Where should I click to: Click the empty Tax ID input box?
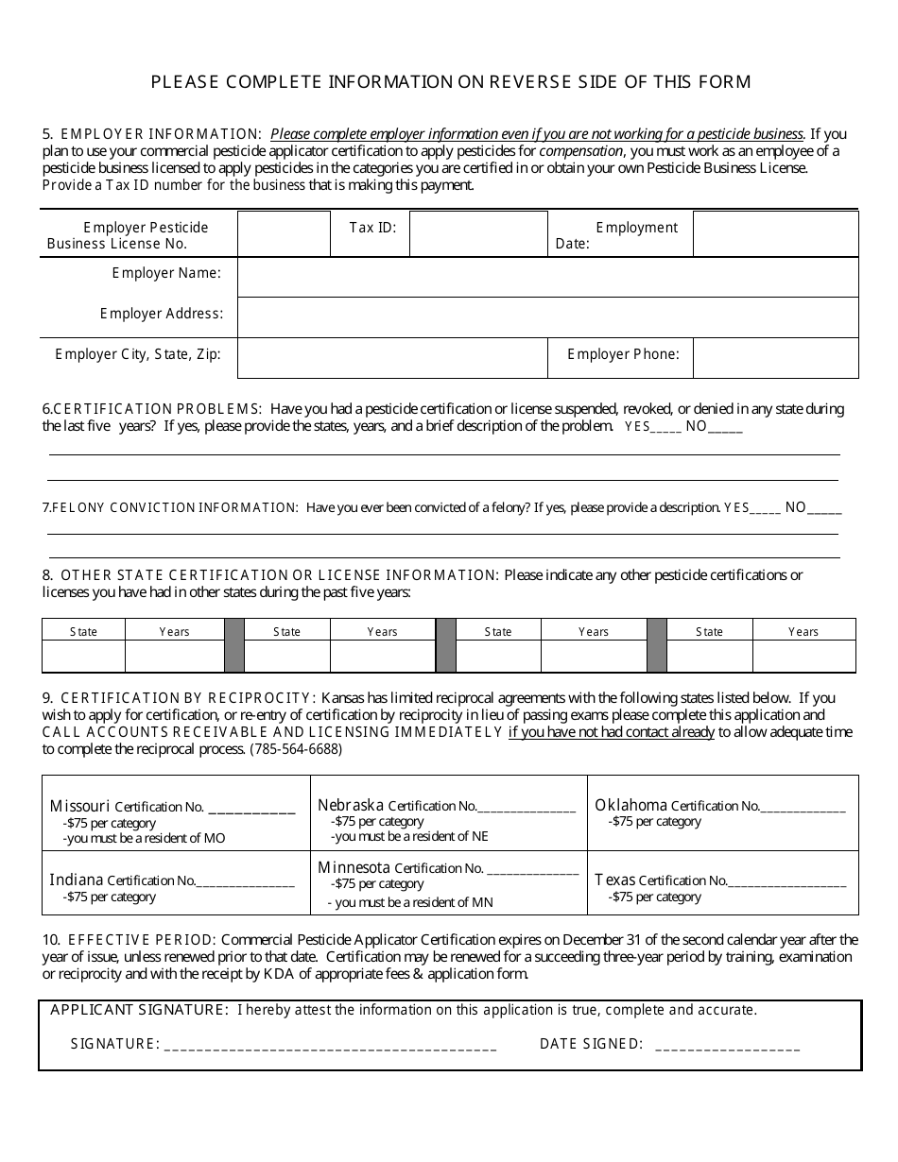pyautogui.click(x=478, y=233)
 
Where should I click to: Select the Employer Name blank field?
pyautogui.click(x=547, y=277)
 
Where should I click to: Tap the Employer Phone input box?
pyautogui.click(x=775, y=358)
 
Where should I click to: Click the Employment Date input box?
pyautogui.click(x=775, y=233)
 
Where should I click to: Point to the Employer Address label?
pyautogui.click(x=162, y=314)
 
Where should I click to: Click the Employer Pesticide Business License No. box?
pyautogui.click(x=284, y=233)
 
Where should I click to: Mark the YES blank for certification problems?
pyautogui.click(x=666, y=428)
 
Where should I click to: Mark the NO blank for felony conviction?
pyautogui.click(x=824, y=509)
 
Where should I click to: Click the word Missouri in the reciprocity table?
pyautogui.click(x=79, y=806)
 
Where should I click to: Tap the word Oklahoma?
pyautogui.click(x=630, y=805)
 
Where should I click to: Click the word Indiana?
pyautogui.click(x=77, y=880)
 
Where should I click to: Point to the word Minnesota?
pyautogui.click(x=354, y=867)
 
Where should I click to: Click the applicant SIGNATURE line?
pyautogui.click(x=331, y=1045)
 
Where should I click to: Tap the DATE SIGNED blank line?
pyautogui.click(x=727, y=1045)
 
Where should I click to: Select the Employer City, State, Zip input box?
pyautogui.click(x=391, y=358)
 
